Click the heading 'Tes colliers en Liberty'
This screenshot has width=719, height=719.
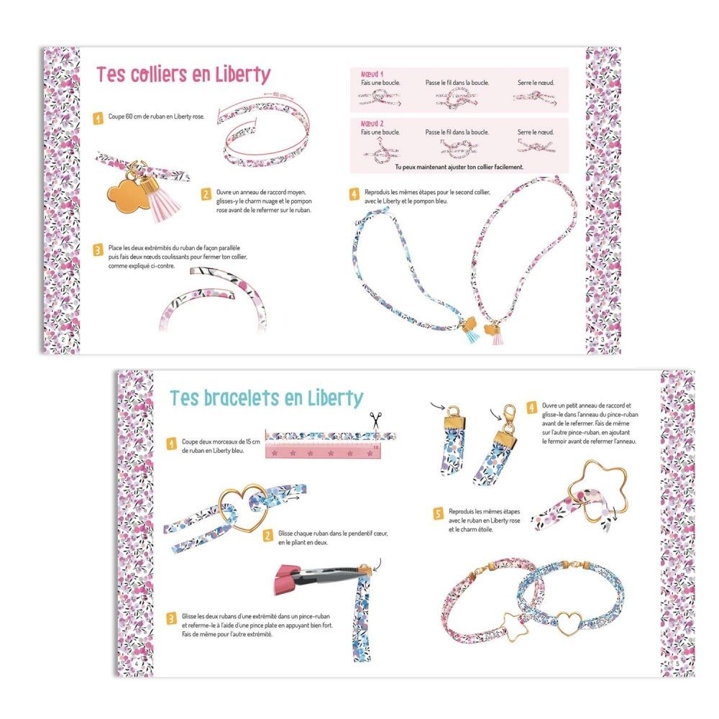[183, 75]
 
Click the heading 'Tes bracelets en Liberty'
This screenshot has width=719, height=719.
[267, 398]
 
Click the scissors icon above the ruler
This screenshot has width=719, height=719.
[376, 420]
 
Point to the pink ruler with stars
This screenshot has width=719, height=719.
[323, 452]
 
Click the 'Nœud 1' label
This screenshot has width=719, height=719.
[372, 74]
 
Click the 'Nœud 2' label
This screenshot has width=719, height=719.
[372, 124]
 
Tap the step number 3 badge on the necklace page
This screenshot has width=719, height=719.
[98, 250]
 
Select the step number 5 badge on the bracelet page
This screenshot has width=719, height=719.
[439, 513]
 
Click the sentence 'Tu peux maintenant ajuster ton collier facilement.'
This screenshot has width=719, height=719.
[459, 167]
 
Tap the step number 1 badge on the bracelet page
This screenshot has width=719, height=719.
[172, 444]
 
